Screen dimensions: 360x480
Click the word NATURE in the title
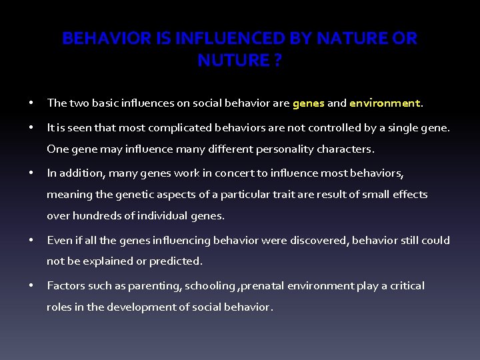350,39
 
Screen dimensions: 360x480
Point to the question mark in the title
277,61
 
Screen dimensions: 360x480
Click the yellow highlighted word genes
308,103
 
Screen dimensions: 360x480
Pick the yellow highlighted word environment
385,103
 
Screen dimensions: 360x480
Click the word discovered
321,240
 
